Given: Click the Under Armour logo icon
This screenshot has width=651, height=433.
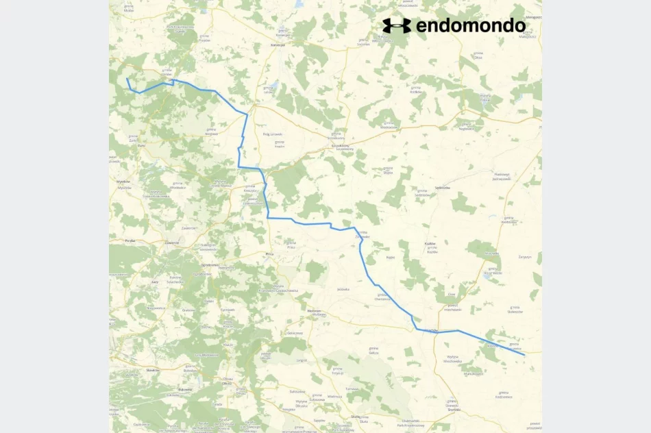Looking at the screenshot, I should coord(397,26).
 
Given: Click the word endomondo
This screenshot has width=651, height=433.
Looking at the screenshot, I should coord(471,26).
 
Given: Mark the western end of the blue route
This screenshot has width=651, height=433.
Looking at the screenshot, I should coord(127,79).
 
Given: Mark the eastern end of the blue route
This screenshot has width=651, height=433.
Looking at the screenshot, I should coord(525,355).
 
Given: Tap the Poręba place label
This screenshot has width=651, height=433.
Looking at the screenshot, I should coord(130,241).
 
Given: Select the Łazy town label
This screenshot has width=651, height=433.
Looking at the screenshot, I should coord(154,282).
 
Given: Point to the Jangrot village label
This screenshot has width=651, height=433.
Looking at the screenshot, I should coord(302,360).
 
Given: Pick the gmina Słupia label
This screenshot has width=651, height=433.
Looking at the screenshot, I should coord(388,169).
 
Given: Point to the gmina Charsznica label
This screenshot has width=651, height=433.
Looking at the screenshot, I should coord(382,297).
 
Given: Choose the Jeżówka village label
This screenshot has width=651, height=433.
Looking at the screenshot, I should coord(343,289).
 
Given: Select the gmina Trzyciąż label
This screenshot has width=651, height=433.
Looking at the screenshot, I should coord(337,371).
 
